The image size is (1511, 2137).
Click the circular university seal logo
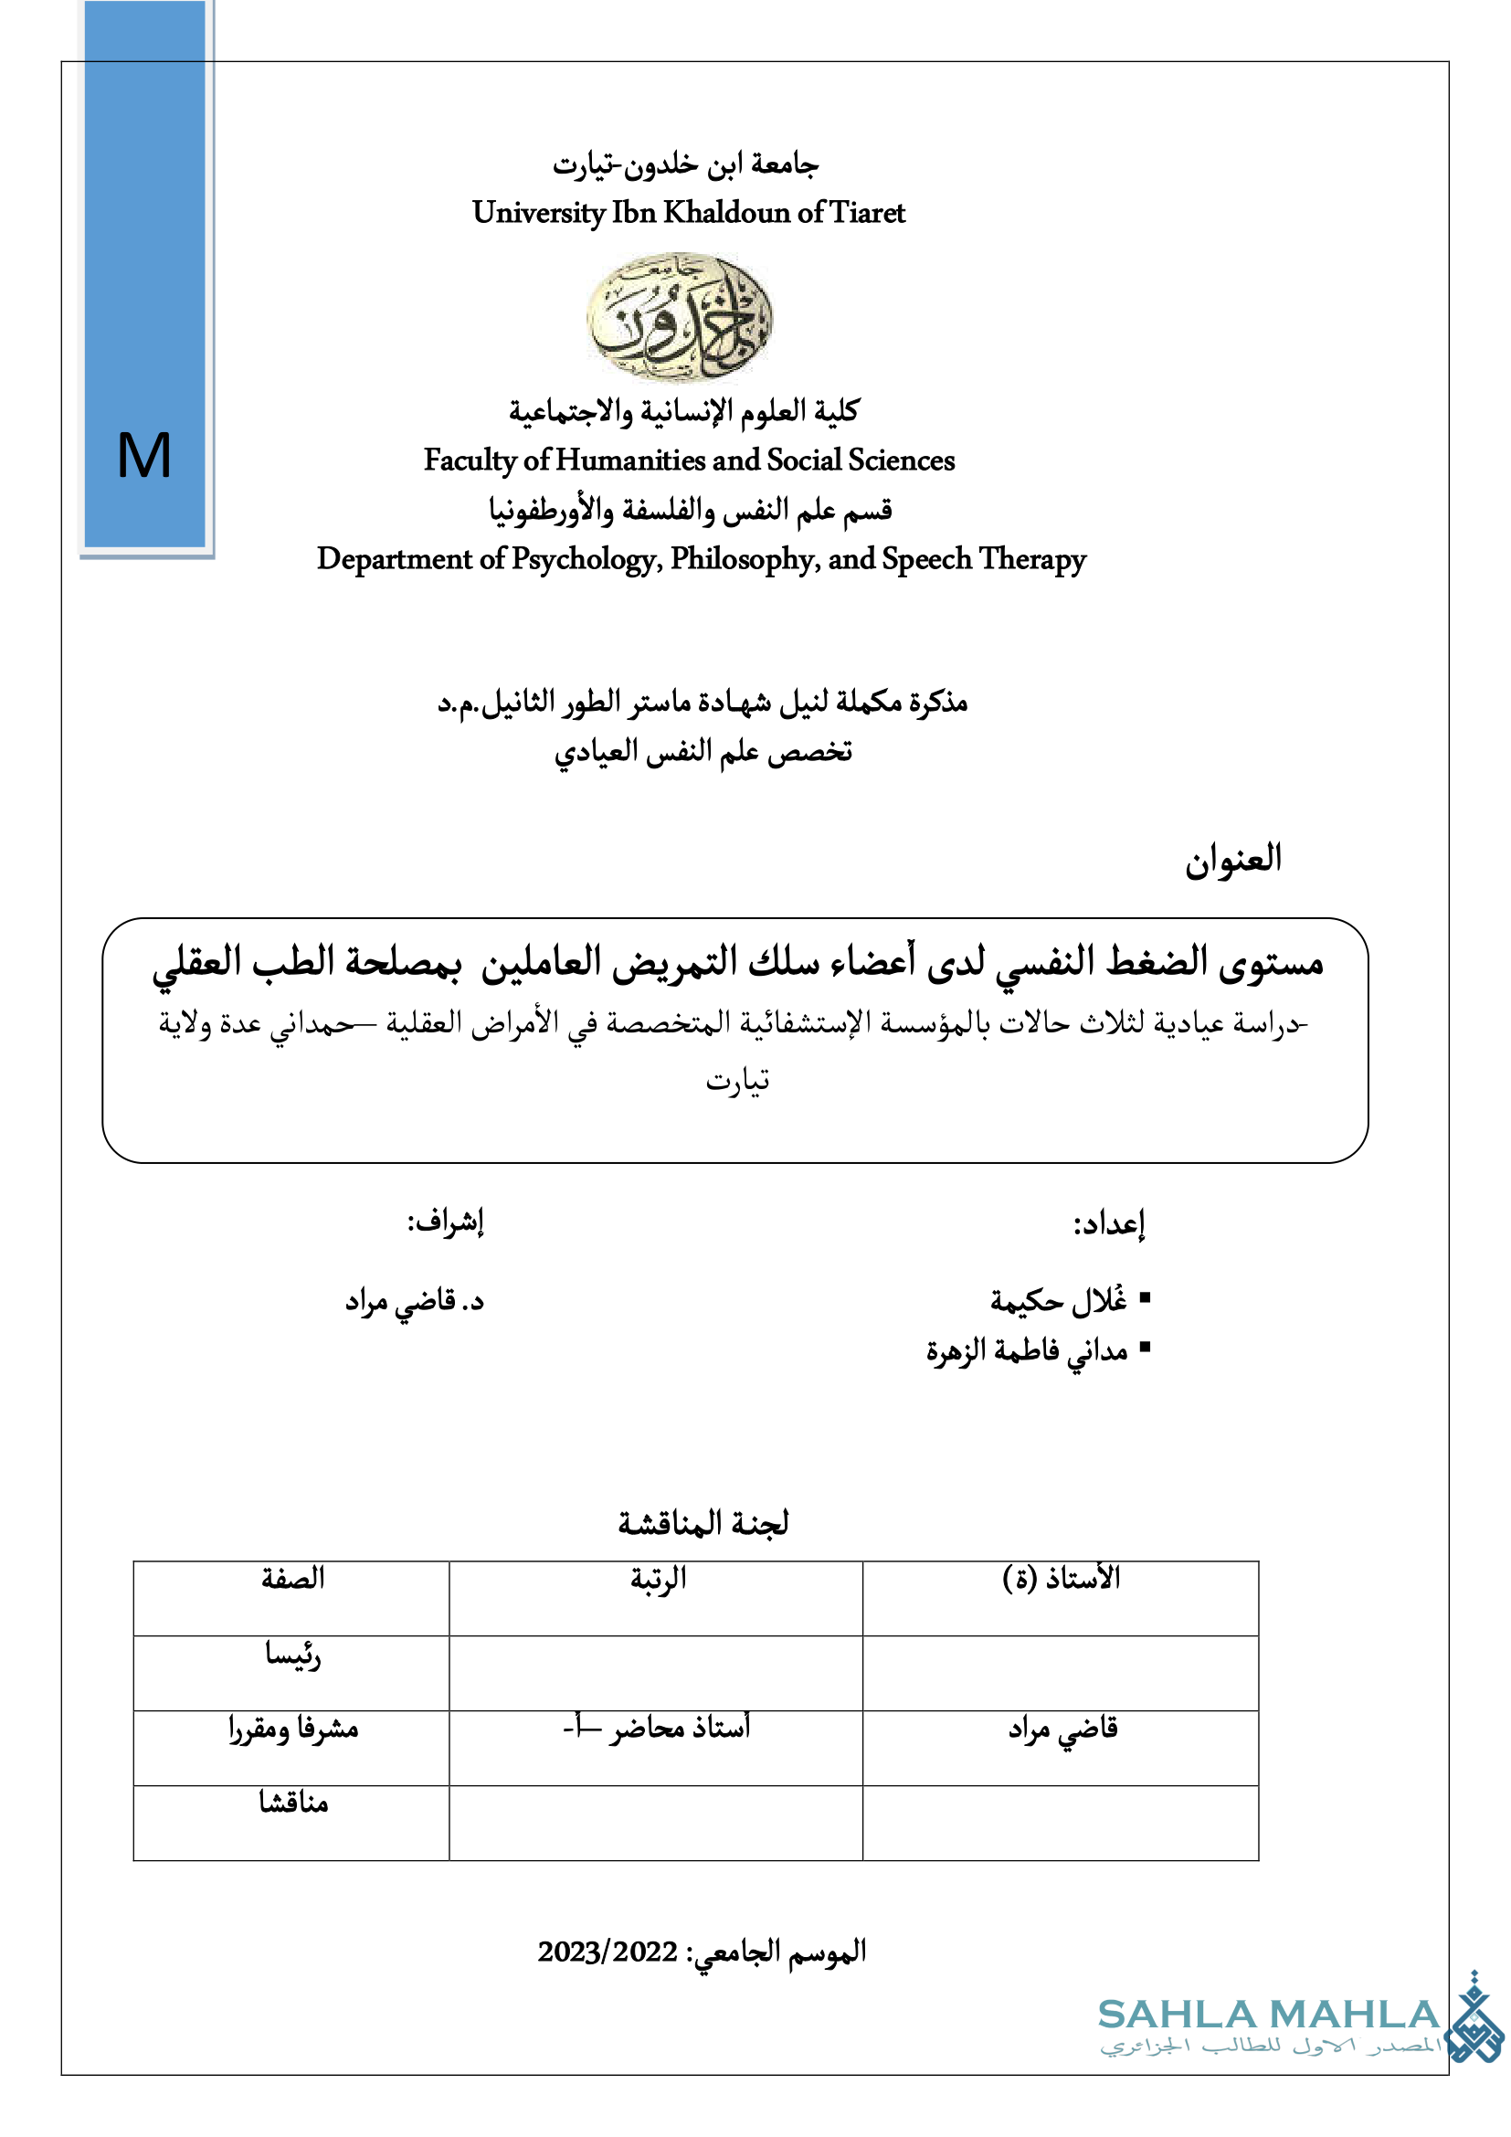pyautogui.click(x=679, y=317)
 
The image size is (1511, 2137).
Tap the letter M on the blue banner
pyautogui.click(x=144, y=456)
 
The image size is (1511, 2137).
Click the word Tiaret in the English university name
pyautogui.click(x=866, y=213)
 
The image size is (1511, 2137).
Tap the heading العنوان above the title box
pyautogui.click(x=1231, y=858)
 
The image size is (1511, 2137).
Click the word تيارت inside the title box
pyautogui.click(x=737, y=1080)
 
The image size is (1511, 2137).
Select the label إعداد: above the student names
pyautogui.click(x=1108, y=1223)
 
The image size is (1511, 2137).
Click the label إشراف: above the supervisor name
pyautogui.click(x=446, y=1222)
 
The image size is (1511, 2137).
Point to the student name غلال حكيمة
pyautogui.click(x=1059, y=1299)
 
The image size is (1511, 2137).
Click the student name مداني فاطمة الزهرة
pyautogui.click(x=1026, y=1349)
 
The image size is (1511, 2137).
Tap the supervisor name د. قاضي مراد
pyautogui.click(x=415, y=1300)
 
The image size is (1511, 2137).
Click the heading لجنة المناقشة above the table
pyautogui.click(x=703, y=1523)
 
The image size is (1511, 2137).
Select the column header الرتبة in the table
pyautogui.click(x=658, y=1579)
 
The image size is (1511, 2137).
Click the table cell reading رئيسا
pyautogui.click(x=292, y=1654)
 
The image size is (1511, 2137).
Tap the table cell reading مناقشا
pyautogui.click(x=293, y=1803)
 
